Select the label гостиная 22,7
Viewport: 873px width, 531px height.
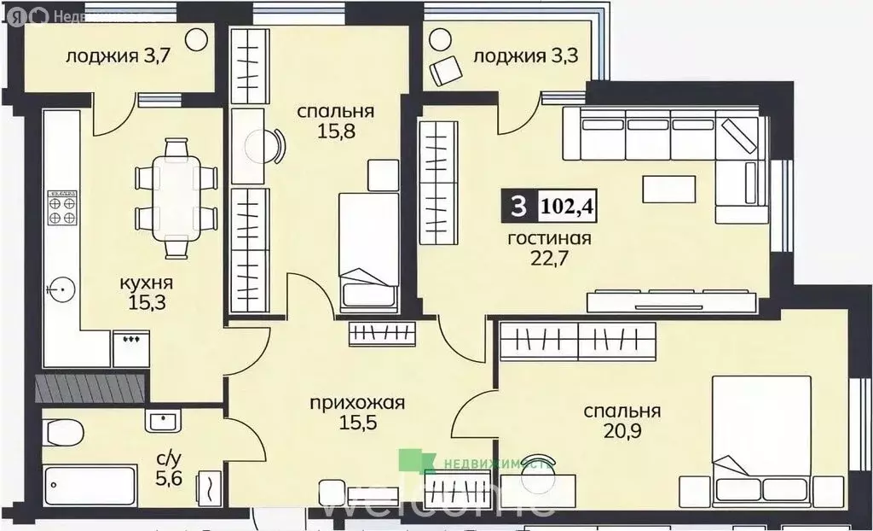point(549,248)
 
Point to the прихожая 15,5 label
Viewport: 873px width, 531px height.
point(356,411)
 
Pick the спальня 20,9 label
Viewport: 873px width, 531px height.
point(622,421)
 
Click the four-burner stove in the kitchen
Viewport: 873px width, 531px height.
point(61,207)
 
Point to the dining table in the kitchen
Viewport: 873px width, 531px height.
point(176,197)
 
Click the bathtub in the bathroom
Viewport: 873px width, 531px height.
point(90,489)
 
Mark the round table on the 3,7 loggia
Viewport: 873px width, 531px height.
point(197,39)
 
